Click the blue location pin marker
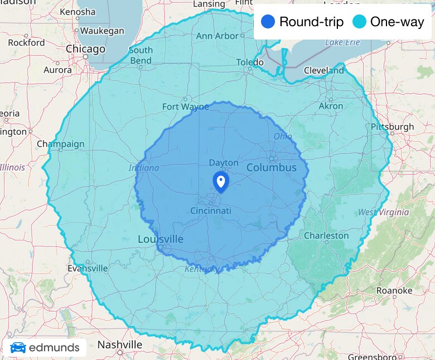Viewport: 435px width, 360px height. click(221, 181)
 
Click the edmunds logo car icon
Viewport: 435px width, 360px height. click(18, 348)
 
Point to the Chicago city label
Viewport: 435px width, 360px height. click(85, 49)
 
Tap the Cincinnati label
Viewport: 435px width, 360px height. click(211, 211)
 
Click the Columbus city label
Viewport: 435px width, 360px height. click(272, 167)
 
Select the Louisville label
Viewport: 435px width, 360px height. click(161, 239)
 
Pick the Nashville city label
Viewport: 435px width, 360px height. click(119, 344)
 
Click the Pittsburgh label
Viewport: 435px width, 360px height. click(393, 127)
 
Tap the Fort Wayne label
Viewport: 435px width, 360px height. click(186, 106)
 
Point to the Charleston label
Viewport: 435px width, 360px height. click(326, 235)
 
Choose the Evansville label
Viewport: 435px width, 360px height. click(88, 268)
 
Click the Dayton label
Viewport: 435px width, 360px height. click(224, 163)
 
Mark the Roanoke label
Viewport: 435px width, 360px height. click(394, 290)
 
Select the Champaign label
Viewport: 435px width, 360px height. click(61, 144)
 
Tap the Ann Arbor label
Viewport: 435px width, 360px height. click(217, 36)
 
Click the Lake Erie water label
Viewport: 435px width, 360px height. click(342, 42)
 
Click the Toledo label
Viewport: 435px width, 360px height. click(249, 62)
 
